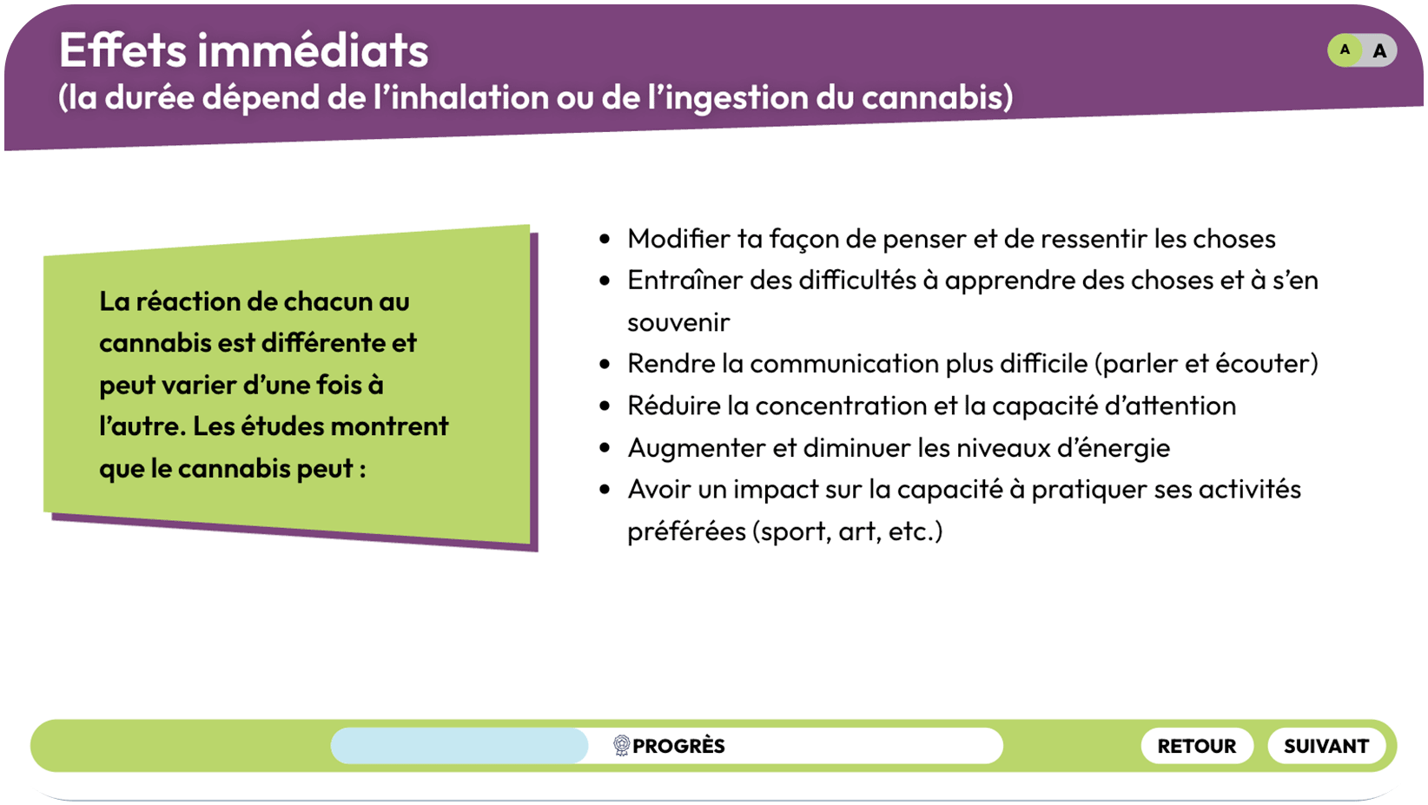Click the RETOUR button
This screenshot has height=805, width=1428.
(x=1197, y=746)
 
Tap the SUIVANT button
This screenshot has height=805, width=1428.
(x=1326, y=746)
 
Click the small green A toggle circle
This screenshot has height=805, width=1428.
(x=1345, y=49)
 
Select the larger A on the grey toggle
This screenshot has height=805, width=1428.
(x=1379, y=51)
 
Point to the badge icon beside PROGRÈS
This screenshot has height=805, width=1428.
(x=621, y=745)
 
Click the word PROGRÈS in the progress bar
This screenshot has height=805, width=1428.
(x=678, y=746)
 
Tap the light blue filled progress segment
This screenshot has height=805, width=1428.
(x=459, y=746)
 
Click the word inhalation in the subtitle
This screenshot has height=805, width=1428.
(x=469, y=97)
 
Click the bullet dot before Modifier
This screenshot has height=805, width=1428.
(x=605, y=239)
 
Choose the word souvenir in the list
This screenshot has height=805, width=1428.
(x=678, y=322)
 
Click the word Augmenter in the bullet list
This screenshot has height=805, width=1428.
(x=697, y=448)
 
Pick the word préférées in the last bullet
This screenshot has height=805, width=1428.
(x=686, y=531)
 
